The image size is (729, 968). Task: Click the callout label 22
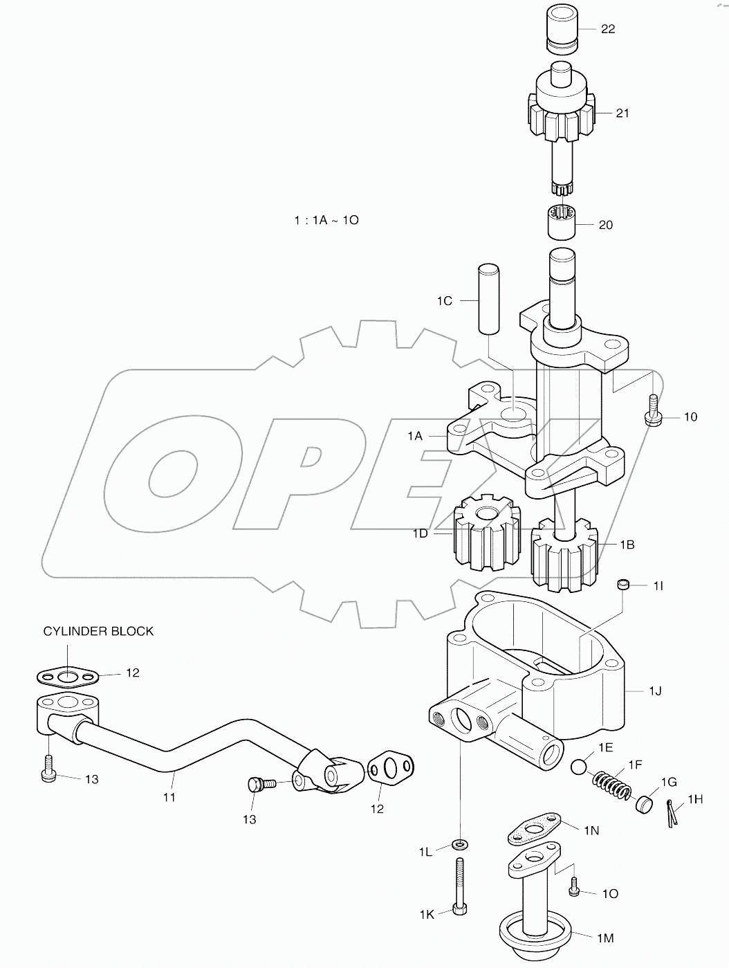(x=608, y=29)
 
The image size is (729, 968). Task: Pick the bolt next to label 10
(x=653, y=410)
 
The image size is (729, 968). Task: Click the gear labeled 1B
(x=563, y=557)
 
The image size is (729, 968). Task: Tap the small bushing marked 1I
(x=625, y=585)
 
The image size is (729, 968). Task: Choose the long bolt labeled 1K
(x=459, y=886)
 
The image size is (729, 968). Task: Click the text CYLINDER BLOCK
(x=98, y=631)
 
